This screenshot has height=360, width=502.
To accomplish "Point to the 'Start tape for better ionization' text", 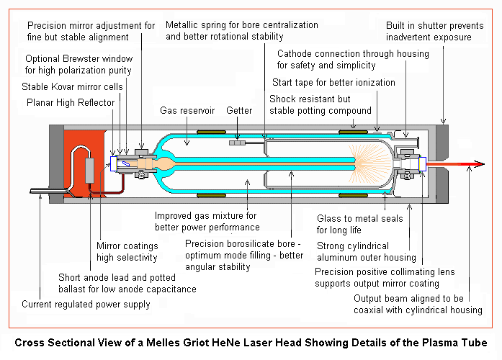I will coord(333,82).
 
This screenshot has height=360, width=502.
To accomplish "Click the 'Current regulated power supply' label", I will coord(86,304).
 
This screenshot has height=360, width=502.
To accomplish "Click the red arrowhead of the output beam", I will coord(470,165).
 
